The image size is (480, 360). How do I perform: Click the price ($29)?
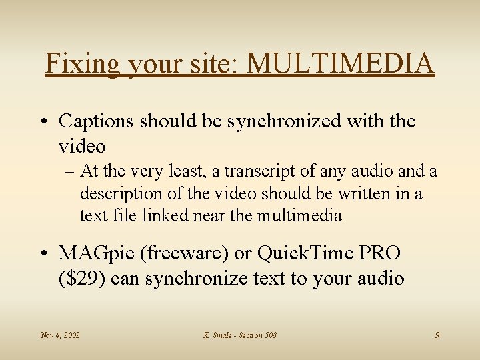(x=82, y=277)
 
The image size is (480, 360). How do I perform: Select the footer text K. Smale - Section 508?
(x=239, y=335)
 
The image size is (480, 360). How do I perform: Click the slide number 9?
(x=437, y=335)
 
